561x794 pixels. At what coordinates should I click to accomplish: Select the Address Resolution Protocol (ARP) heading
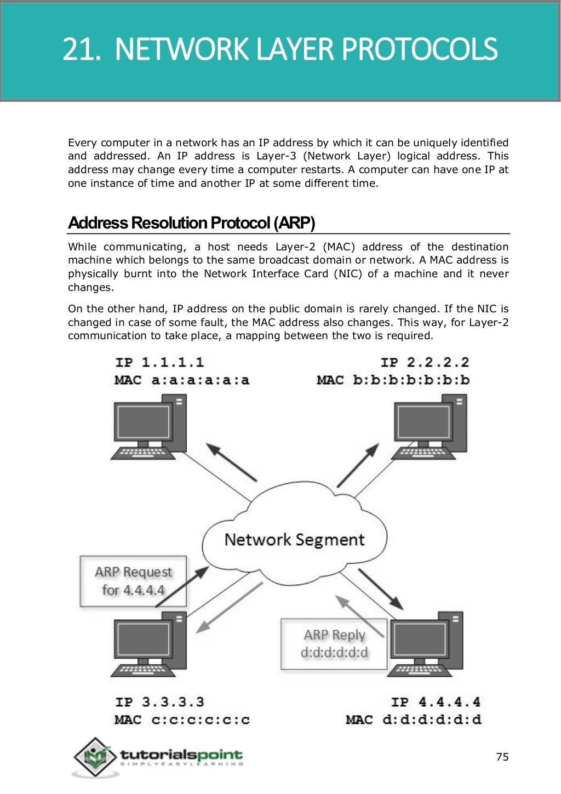click(x=191, y=223)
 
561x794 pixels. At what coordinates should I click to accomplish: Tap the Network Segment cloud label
click(x=294, y=540)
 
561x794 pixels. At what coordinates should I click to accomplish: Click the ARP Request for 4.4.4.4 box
click(x=133, y=581)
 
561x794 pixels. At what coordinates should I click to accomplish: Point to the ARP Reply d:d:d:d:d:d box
click(x=334, y=644)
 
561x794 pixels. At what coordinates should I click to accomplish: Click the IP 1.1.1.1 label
click(x=159, y=362)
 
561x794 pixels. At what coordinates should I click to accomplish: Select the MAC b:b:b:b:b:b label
click(x=393, y=380)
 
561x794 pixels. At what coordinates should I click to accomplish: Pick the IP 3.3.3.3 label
click(x=159, y=702)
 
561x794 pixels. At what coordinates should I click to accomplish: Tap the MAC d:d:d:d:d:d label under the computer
click(x=413, y=719)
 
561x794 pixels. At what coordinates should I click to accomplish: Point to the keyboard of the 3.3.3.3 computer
click(x=141, y=670)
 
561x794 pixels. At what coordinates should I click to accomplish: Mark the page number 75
click(x=502, y=757)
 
